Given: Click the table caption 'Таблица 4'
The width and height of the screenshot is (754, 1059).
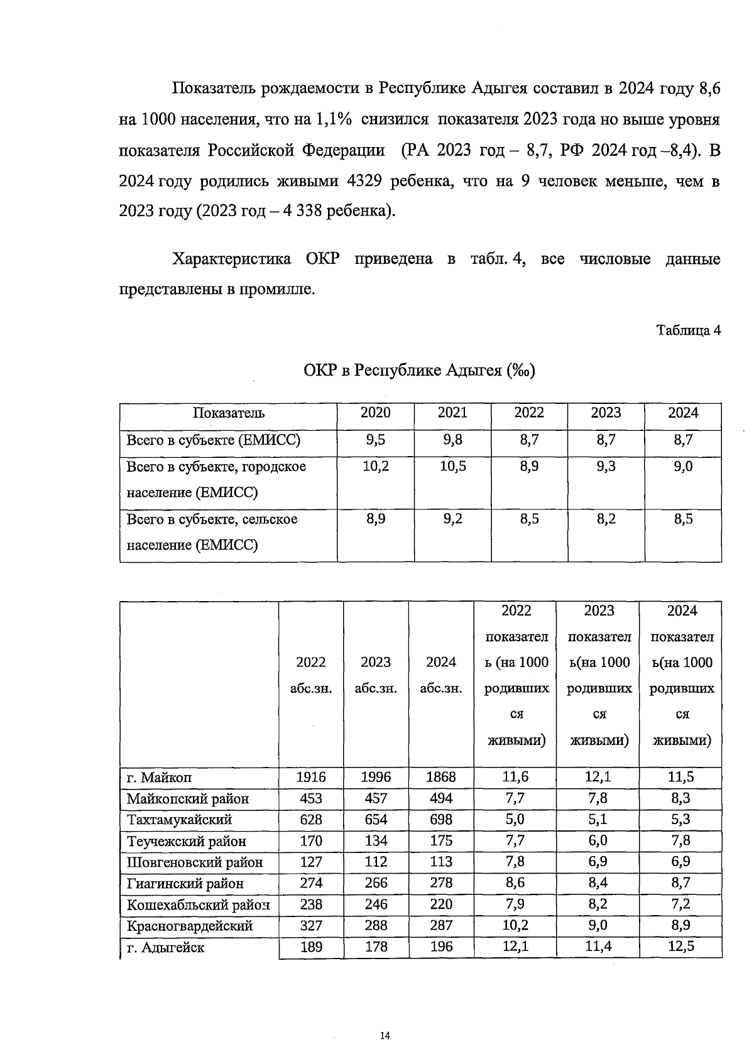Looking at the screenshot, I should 688,330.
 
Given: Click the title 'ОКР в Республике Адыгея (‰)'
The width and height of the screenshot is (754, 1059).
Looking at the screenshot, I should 419,370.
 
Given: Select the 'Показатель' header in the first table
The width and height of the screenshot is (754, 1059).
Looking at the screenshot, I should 228,413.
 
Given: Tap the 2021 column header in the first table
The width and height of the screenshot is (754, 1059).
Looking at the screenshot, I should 452,413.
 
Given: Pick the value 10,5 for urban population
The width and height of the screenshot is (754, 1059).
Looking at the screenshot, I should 452,467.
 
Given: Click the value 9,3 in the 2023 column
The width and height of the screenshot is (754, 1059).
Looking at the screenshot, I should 606,467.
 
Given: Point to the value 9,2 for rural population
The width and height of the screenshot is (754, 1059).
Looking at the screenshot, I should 452,519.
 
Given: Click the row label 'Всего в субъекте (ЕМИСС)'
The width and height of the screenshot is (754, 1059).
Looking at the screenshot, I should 213,440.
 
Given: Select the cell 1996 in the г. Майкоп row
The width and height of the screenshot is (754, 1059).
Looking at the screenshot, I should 376,777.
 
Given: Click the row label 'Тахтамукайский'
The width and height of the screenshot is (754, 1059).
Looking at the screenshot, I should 179,820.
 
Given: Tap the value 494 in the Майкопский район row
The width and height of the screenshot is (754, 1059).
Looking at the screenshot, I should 440,798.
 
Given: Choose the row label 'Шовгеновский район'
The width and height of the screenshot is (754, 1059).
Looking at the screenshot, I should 194,862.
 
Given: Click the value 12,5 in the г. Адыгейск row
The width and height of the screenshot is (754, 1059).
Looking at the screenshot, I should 680,947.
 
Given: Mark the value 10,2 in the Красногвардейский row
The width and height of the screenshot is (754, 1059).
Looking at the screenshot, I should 515,925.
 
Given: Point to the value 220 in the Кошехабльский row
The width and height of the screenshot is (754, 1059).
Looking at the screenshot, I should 440,904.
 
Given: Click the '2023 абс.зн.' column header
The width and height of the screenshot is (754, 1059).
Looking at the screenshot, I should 376,675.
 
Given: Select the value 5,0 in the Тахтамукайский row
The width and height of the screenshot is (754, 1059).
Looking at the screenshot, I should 515,820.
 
